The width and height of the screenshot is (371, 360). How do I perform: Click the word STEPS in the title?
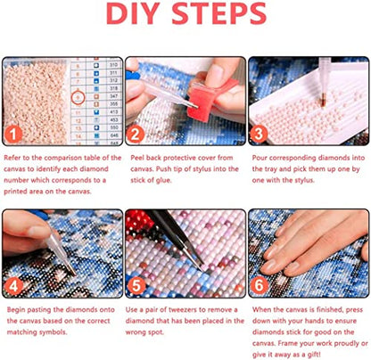(219, 13)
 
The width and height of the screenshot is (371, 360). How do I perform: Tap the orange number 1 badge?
(13, 135)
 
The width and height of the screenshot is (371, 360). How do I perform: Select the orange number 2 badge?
(136, 135)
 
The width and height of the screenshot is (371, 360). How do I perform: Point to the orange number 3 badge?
(258, 135)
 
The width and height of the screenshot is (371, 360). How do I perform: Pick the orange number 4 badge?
(13, 286)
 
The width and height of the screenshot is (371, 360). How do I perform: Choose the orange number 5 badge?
(136, 286)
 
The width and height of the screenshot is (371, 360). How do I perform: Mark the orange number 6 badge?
(259, 286)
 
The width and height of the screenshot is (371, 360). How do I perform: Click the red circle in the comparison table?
(78, 97)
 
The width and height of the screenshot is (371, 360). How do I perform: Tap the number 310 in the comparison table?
(113, 65)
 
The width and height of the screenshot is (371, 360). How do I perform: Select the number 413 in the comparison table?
(113, 112)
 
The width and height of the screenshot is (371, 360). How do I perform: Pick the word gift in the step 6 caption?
(314, 355)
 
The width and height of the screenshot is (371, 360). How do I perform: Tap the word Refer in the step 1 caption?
(12, 158)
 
